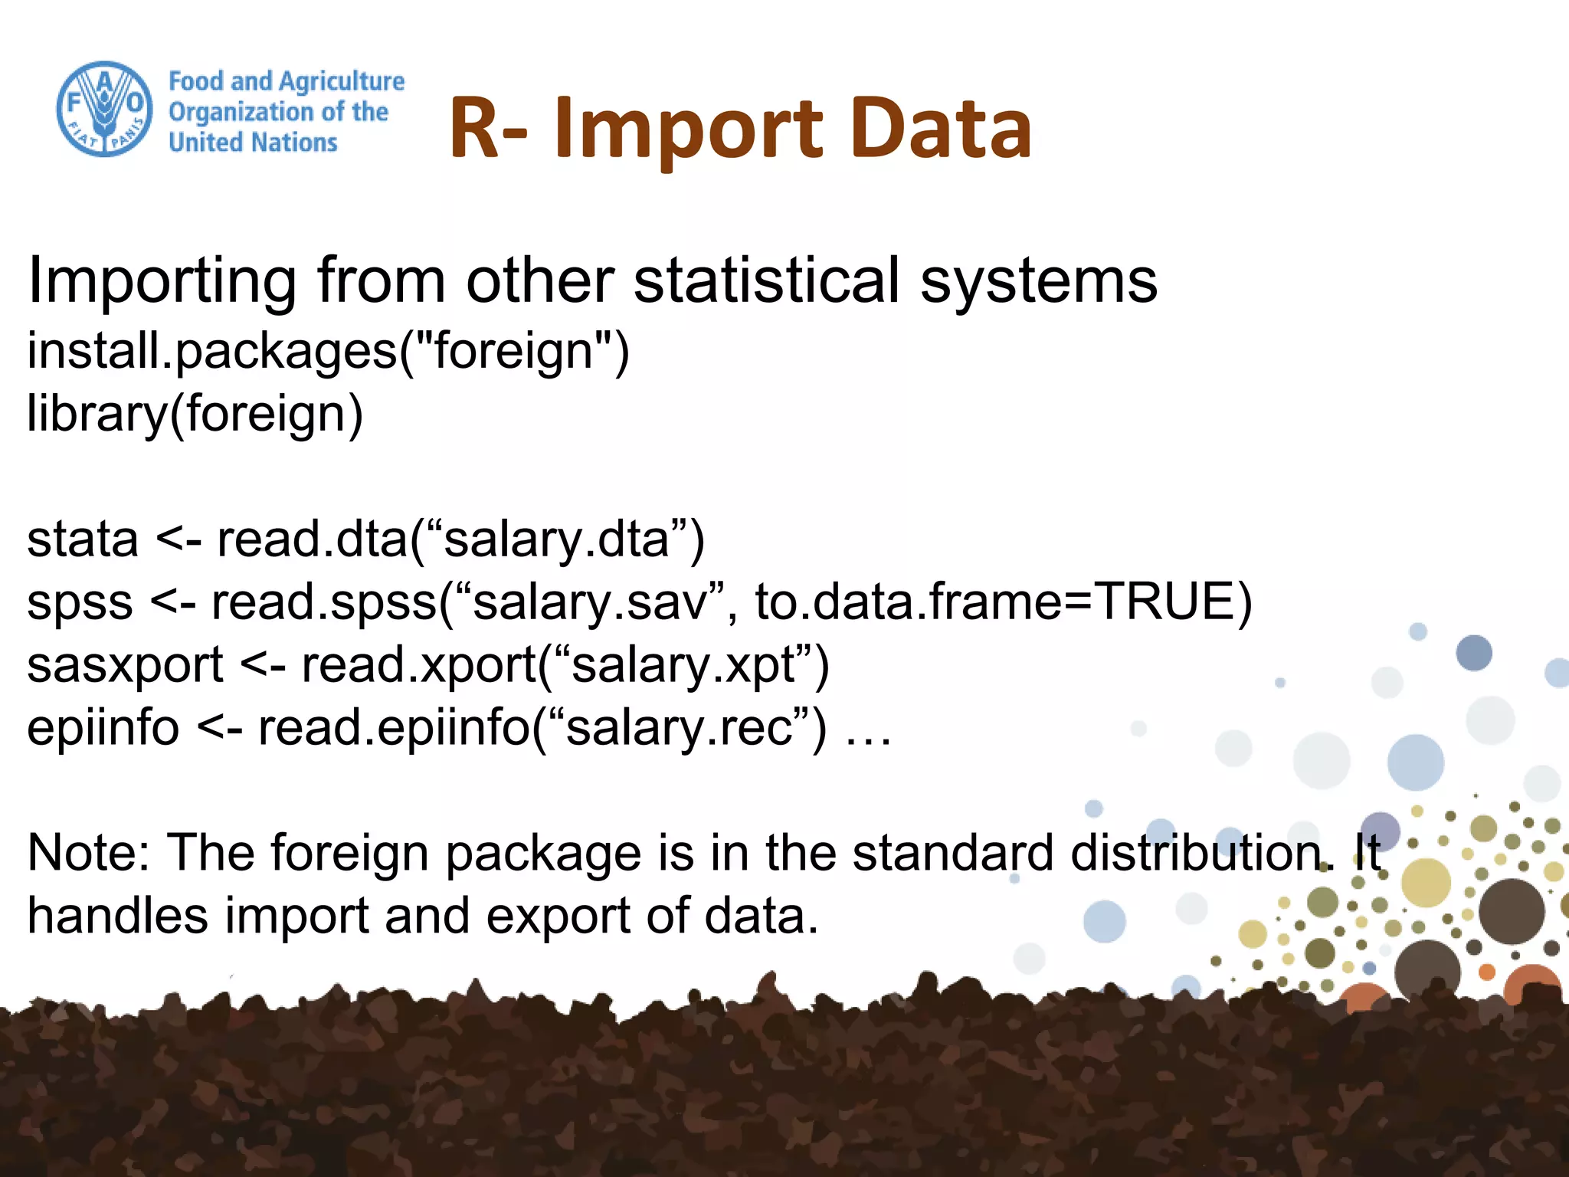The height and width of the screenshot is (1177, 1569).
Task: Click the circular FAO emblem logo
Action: [104, 110]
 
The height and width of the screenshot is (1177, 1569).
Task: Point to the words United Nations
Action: [253, 143]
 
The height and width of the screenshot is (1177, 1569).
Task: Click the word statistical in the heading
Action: [767, 280]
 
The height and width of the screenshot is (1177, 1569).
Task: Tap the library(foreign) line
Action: [195, 414]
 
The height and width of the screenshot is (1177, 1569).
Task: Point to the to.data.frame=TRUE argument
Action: [1003, 602]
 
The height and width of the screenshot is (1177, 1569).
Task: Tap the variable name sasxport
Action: [125, 665]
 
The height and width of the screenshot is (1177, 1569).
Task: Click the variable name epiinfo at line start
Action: [103, 728]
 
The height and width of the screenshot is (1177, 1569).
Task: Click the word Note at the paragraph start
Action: [88, 853]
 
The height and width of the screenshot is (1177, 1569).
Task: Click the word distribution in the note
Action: [1201, 853]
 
